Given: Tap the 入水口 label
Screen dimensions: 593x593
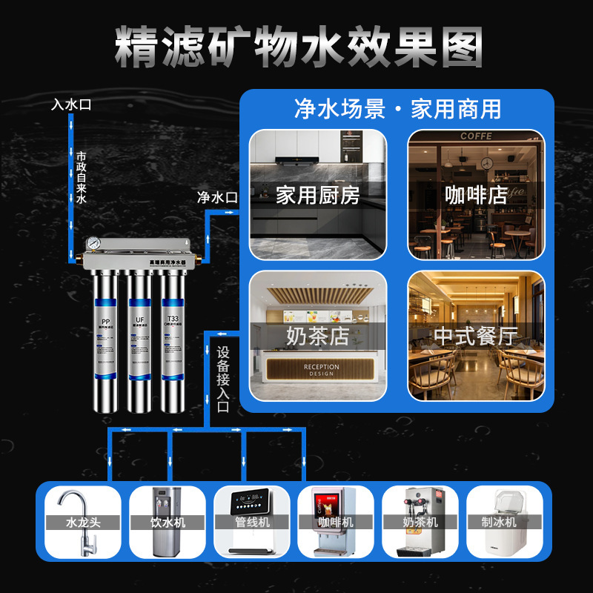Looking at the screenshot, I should (71, 105).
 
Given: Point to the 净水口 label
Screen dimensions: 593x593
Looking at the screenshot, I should (216, 198).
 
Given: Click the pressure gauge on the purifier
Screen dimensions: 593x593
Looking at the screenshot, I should (93, 246).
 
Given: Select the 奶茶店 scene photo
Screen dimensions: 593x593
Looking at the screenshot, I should (317, 336).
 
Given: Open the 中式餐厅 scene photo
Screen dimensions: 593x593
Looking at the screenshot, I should (476, 336).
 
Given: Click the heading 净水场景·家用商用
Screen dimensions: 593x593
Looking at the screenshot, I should (397, 109).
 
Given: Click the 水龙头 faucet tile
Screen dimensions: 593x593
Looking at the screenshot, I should (82, 522).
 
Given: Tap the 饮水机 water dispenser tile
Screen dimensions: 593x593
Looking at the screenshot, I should (167, 522).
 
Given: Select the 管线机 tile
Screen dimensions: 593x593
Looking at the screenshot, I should (251, 522).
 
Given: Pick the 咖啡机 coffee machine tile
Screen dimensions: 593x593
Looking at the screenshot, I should (336, 522).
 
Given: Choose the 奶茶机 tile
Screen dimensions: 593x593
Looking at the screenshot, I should (420, 522).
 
